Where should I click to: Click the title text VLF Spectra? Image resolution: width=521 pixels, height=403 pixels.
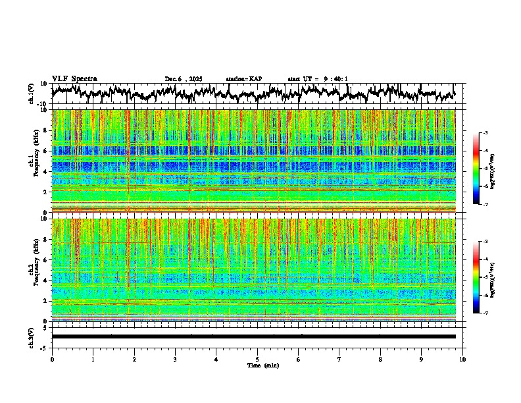click(x=74, y=79)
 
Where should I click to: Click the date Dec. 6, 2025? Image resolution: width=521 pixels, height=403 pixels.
click(x=186, y=79)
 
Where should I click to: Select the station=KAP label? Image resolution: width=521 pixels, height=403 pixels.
click(x=243, y=79)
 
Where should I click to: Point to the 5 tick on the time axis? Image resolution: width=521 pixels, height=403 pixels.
click(x=257, y=360)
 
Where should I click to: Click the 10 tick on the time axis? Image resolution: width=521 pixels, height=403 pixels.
click(x=462, y=360)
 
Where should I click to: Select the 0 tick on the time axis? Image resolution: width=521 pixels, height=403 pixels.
click(x=52, y=360)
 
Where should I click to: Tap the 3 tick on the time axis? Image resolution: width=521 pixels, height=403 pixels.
click(x=175, y=360)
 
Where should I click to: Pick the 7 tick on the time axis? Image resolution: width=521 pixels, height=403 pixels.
click(x=339, y=360)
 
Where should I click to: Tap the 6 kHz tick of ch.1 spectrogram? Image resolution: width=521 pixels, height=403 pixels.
click(x=46, y=151)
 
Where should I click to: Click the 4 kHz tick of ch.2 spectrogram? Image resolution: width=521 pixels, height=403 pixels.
click(x=46, y=281)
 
